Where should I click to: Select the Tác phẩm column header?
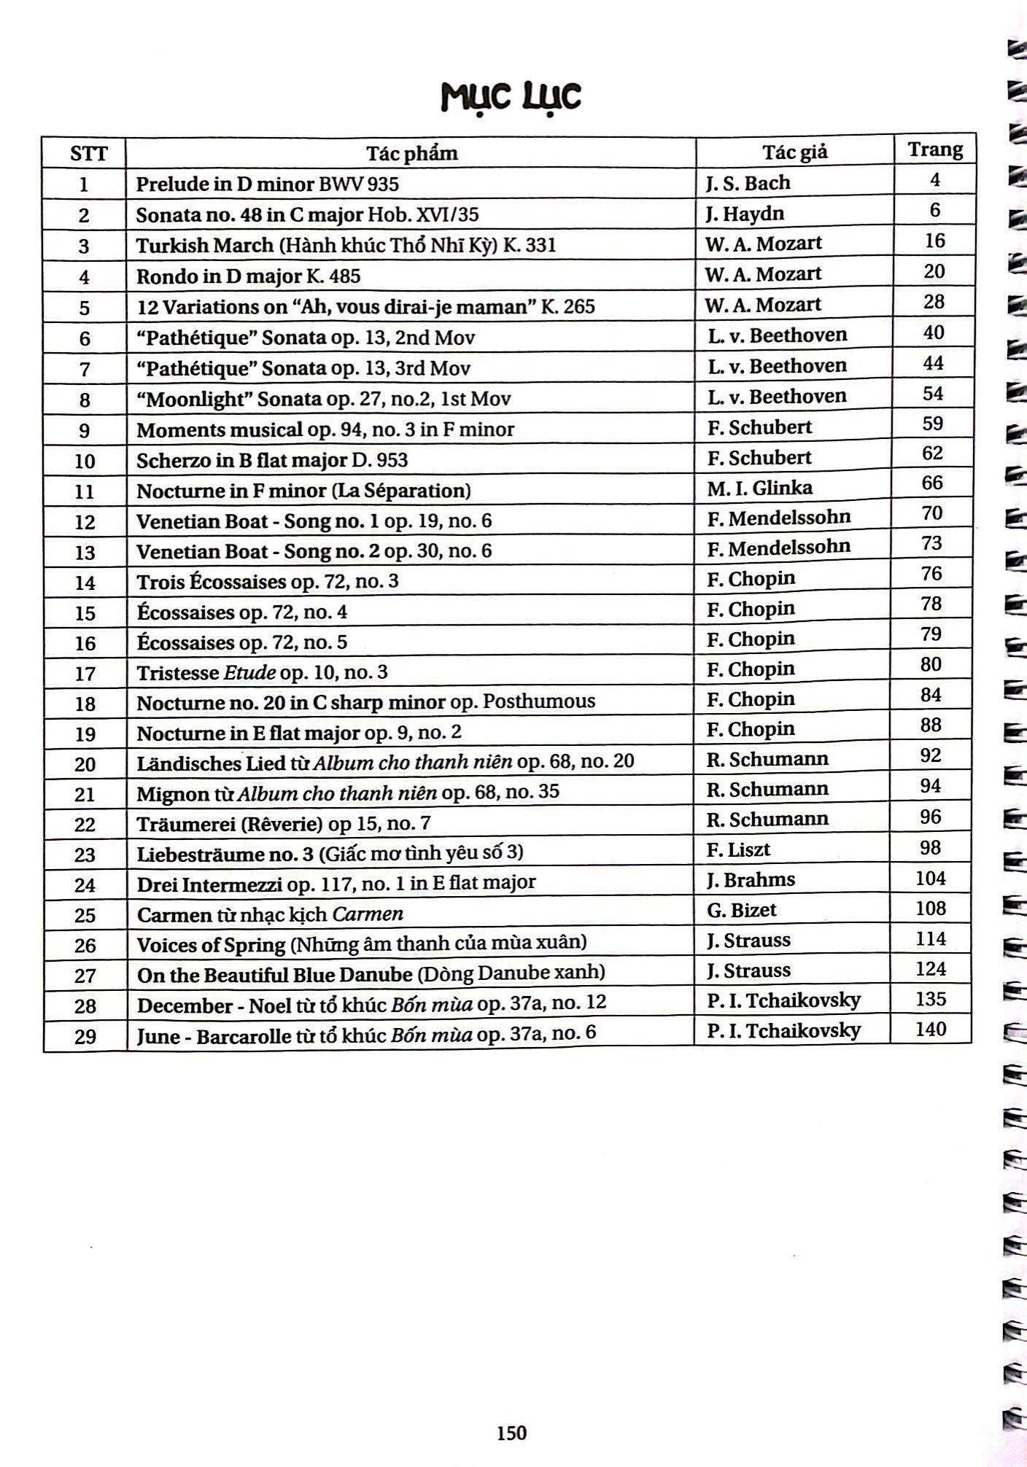click(411, 153)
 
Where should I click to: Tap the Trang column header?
click(934, 149)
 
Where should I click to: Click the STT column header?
click(88, 154)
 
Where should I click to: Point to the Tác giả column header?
click(795, 152)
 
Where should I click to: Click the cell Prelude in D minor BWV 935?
click(267, 184)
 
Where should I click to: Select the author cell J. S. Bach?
click(748, 182)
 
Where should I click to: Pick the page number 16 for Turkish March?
click(934, 241)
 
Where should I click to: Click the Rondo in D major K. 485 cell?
click(248, 276)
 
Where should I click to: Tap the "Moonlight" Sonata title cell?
click(323, 399)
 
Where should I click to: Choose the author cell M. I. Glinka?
click(759, 487)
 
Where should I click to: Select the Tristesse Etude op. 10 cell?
click(262, 672)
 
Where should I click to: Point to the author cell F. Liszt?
click(738, 849)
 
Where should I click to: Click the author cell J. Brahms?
click(751, 880)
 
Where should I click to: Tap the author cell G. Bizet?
click(741, 910)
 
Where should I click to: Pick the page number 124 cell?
click(931, 969)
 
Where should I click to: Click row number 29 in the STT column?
click(85, 1036)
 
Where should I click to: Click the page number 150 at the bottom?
click(511, 1433)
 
